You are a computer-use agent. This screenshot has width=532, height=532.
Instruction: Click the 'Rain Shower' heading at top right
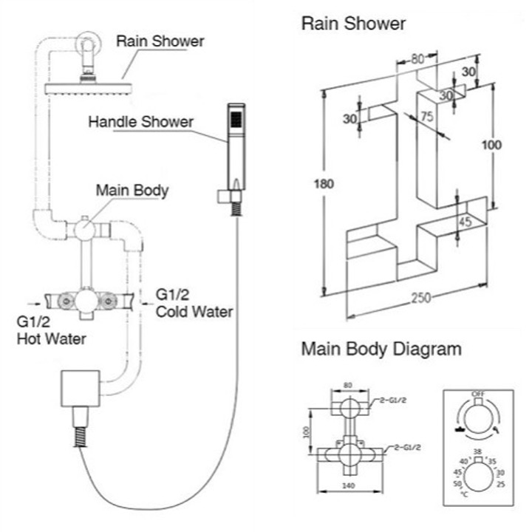(x=353, y=24)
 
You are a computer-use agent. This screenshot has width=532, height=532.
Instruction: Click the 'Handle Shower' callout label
(x=140, y=121)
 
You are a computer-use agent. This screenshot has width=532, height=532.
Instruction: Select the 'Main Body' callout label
(x=132, y=191)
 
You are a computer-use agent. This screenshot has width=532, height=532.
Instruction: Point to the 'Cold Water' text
(x=194, y=312)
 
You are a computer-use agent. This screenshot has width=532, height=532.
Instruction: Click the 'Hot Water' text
(x=51, y=339)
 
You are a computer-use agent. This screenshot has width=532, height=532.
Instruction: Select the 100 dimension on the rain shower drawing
(x=491, y=145)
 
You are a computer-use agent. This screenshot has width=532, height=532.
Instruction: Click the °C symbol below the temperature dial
(x=464, y=493)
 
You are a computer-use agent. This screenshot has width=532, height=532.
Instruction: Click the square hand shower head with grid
(x=233, y=117)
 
